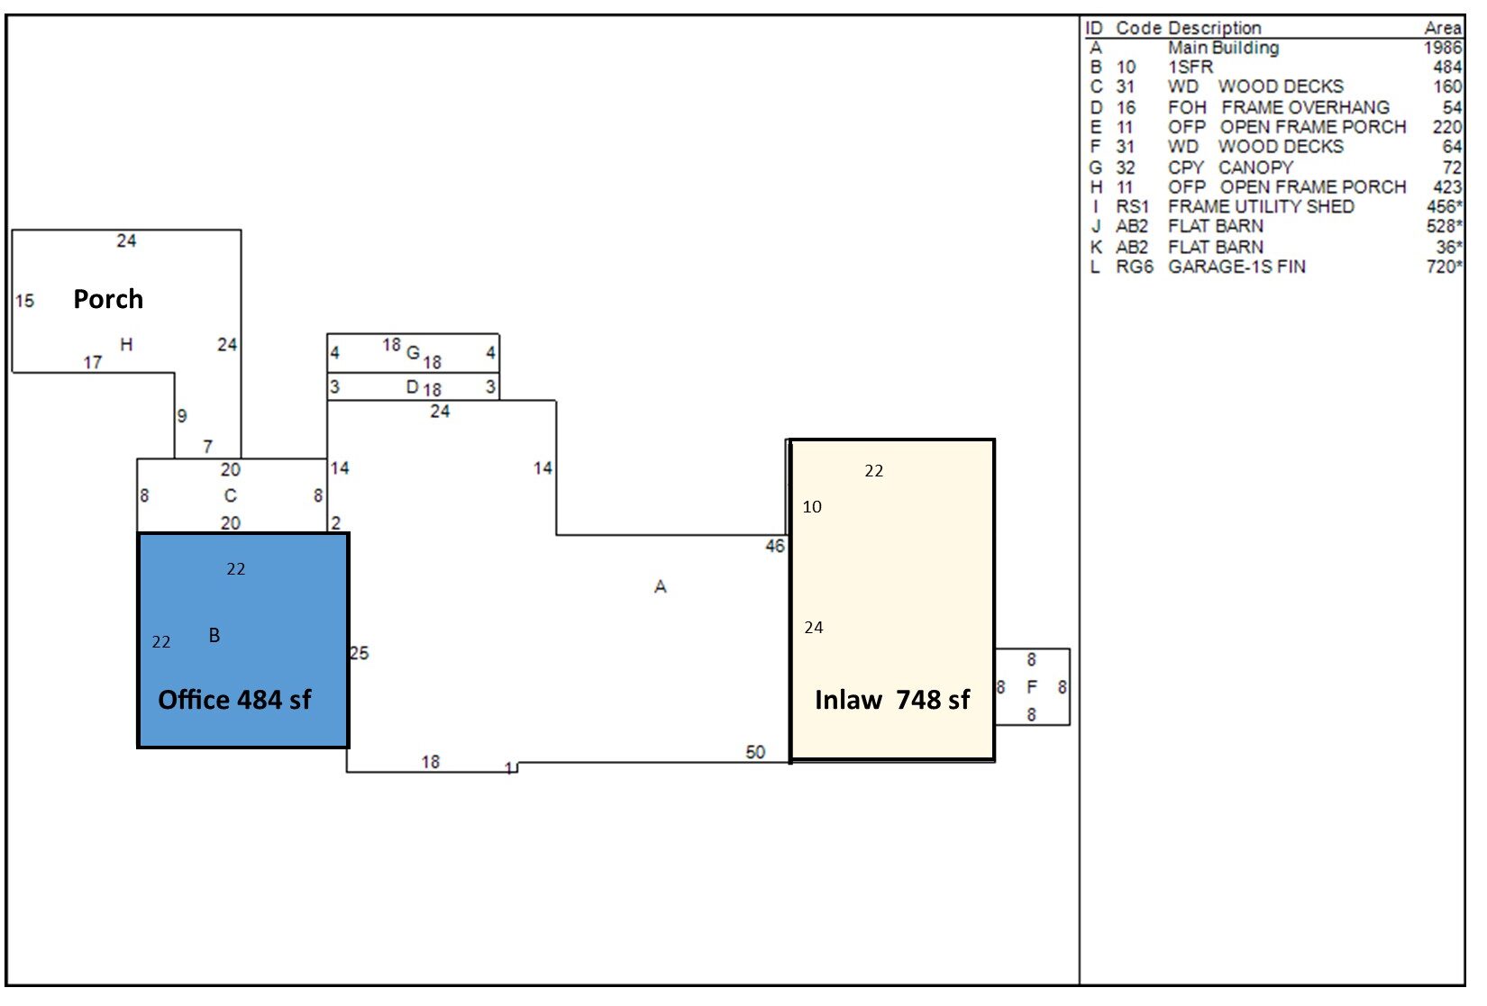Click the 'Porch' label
point(108,299)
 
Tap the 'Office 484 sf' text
point(234,700)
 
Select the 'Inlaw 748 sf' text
point(891,700)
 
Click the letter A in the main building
point(661,587)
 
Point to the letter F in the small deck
point(1032,687)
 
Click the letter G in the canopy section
point(413,352)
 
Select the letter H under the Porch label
point(126,344)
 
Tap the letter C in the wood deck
point(230,495)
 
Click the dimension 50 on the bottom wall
point(755,752)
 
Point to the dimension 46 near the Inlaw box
point(775,546)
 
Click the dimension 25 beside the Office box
point(359,653)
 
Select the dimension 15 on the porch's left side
point(25,301)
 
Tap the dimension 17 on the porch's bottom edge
point(93,362)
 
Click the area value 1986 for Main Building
point(1442,48)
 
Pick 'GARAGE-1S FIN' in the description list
point(1236,267)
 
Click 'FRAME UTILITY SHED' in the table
point(1261,206)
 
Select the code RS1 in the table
point(1133,206)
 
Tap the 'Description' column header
point(1214,28)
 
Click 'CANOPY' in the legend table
point(1255,168)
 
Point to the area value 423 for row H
point(1446,187)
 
